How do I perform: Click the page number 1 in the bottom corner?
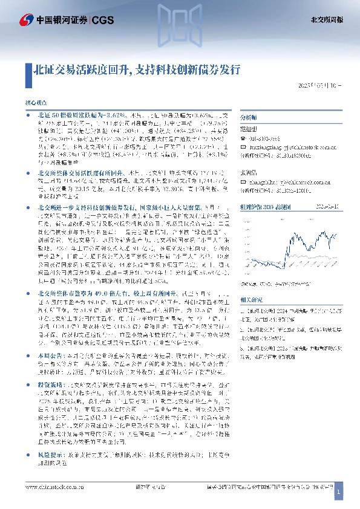339,493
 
